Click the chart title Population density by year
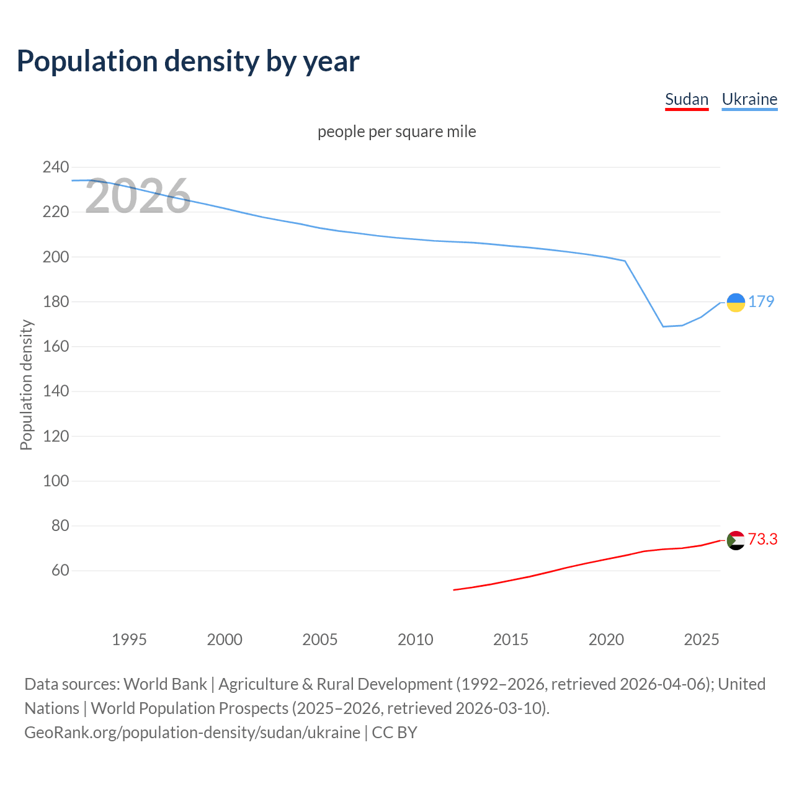pos(188,61)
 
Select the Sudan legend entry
pos(686,99)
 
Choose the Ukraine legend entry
pos(749,99)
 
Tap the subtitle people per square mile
pos(396,132)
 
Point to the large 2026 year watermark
pos(138,197)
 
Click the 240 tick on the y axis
pos(55,167)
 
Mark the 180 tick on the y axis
pos(55,301)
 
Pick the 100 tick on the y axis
pos(55,481)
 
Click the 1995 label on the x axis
pos(129,640)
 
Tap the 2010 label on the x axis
pos(415,640)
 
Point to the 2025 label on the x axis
pos(701,640)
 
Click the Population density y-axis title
pos(26,385)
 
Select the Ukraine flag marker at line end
pos(735,302)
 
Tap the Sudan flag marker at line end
pos(735,540)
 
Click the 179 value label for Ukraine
pos(761,301)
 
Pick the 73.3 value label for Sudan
pos(762,540)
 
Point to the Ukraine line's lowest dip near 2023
pos(663,326)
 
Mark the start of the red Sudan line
pos(454,590)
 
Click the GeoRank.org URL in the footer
pos(192,732)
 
